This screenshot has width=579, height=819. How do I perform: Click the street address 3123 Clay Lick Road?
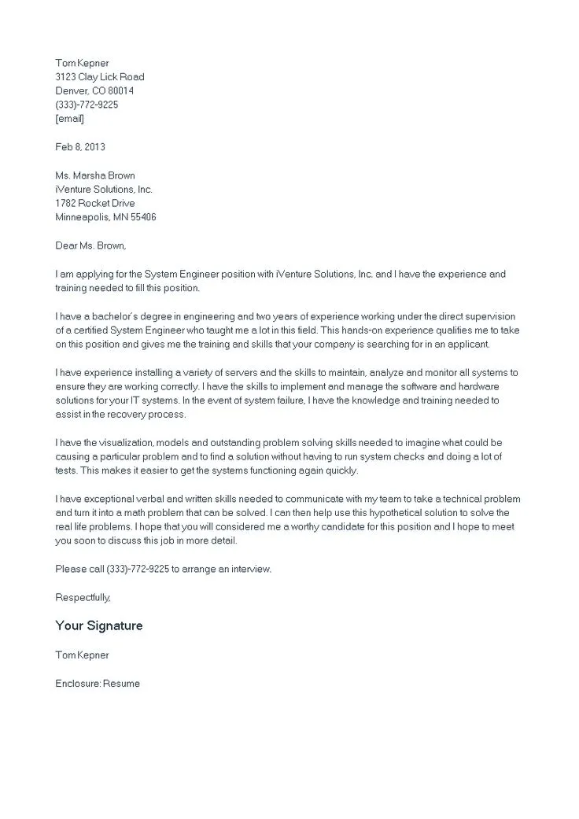tap(100, 77)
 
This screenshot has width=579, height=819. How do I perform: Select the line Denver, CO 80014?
tap(94, 90)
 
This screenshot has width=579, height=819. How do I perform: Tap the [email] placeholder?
tap(69, 119)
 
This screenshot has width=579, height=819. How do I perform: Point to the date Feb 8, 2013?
tap(80, 147)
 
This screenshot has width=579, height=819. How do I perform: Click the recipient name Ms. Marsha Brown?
tap(94, 175)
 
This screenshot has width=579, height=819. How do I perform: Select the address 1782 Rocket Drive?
tap(94, 204)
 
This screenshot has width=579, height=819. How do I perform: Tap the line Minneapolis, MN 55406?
tap(105, 217)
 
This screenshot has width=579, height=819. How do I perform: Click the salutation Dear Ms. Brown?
tap(90, 245)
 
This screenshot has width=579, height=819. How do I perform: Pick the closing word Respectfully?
tap(83, 597)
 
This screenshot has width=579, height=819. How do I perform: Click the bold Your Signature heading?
tap(99, 626)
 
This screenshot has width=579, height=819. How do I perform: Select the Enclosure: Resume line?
tap(98, 684)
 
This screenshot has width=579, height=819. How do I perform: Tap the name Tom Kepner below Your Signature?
tap(82, 655)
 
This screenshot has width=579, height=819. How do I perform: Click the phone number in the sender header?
tap(87, 105)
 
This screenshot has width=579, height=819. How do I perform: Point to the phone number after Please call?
tap(137, 569)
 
